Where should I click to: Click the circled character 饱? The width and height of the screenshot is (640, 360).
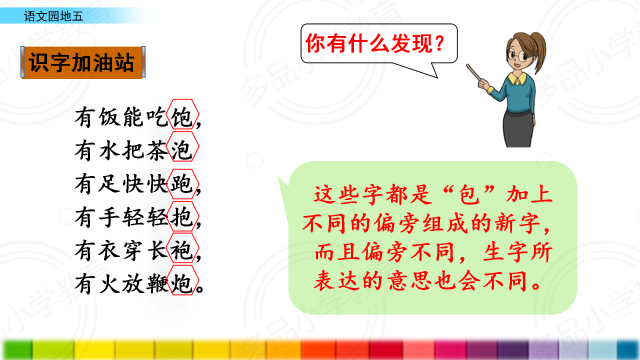[x=181, y=117]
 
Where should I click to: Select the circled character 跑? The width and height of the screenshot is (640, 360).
[x=181, y=183]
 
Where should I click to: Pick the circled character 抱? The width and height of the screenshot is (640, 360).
[x=181, y=217]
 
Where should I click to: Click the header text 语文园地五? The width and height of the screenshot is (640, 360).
[x=53, y=16]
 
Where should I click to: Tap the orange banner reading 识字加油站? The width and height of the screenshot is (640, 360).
[x=83, y=62]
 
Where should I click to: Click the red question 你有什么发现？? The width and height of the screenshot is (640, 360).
[x=375, y=43]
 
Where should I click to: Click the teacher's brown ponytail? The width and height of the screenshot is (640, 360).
[x=538, y=51]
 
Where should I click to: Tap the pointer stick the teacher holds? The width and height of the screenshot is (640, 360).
[x=474, y=73]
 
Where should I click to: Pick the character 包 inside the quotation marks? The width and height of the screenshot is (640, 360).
[x=469, y=195]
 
